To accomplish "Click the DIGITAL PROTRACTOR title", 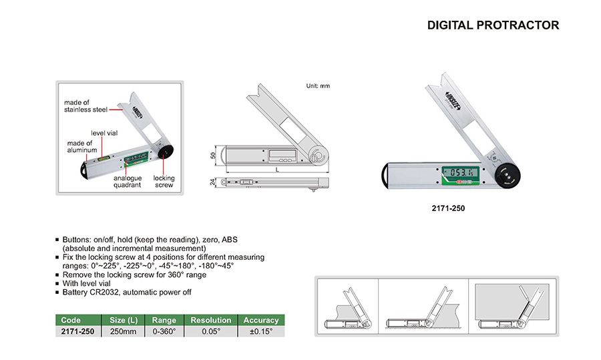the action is pyautogui.click(x=493, y=25).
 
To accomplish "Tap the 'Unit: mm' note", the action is pyautogui.click(x=318, y=86).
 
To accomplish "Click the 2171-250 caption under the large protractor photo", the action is pyautogui.click(x=448, y=208).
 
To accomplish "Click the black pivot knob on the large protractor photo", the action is pyautogui.click(x=506, y=175).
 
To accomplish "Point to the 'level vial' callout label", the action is pyautogui.click(x=104, y=133).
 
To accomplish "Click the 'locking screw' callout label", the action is pyautogui.click(x=164, y=182).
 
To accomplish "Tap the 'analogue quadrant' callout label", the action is pyautogui.click(x=128, y=182).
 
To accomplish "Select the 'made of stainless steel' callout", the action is pyautogui.click(x=85, y=106).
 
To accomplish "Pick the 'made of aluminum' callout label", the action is pyautogui.click(x=82, y=146).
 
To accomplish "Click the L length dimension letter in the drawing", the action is pyautogui.click(x=277, y=170).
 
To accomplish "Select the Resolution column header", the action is pyautogui.click(x=211, y=320).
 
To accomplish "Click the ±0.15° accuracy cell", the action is pyautogui.click(x=261, y=332).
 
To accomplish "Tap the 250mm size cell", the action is pyautogui.click(x=123, y=332).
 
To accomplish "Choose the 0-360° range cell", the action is pyautogui.click(x=164, y=332).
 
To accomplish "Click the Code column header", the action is pyautogui.click(x=71, y=320).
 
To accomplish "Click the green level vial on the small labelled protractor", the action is pyautogui.click(x=103, y=157).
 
